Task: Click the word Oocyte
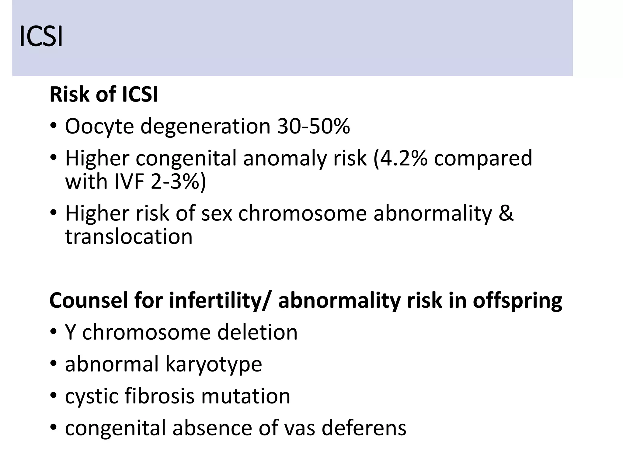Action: tap(99, 126)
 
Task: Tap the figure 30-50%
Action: tap(313, 126)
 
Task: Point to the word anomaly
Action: tap(285, 159)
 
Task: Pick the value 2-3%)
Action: tap(178, 182)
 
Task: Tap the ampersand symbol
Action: tap(506, 213)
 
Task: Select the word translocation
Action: tap(129, 237)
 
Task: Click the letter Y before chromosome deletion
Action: tap(70, 332)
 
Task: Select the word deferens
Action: tap(364, 428)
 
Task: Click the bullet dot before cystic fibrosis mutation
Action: tap(54, 396)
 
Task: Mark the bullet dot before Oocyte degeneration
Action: tap(54, 126)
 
